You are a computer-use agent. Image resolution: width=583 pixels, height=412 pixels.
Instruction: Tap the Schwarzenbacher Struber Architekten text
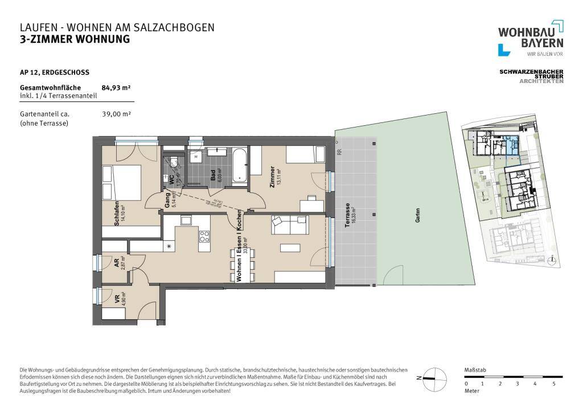click(x=531, y=76)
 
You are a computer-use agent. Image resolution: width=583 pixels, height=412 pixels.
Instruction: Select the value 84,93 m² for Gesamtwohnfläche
click(x=116, y=88)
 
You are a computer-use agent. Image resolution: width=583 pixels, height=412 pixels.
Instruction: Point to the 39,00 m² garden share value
click(x=116, y=114)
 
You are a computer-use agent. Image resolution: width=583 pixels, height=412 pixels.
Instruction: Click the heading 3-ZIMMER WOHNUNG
click(x=75, y=39)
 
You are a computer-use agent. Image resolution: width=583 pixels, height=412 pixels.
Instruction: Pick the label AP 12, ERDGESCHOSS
click(x=54, y=72)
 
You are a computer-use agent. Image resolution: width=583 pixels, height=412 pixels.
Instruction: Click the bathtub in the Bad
click(x=239, y=165)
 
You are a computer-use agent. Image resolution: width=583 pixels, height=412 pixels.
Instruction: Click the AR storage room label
click(x=116, y=262)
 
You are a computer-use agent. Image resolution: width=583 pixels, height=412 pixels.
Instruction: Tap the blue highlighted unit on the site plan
click(x=512, y=146)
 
